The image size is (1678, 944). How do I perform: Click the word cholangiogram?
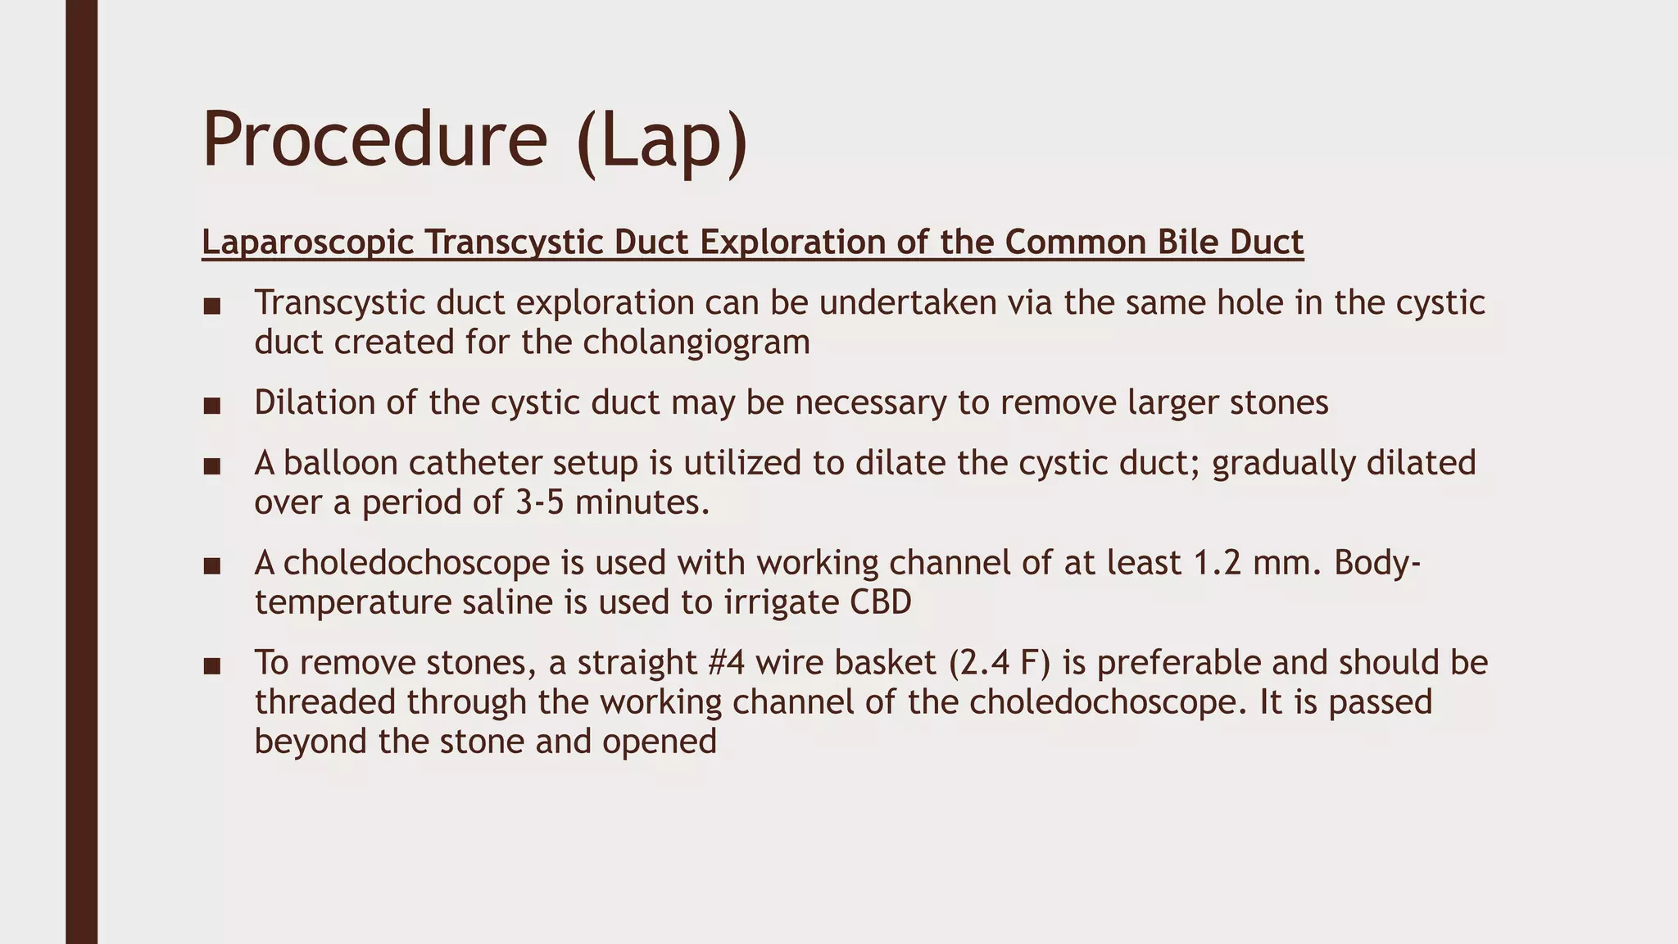coord(696,342)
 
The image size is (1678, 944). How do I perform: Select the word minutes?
coord(642,502)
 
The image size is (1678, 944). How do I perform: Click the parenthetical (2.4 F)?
coord(1000,663)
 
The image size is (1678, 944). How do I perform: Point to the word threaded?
coord(325,702)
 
